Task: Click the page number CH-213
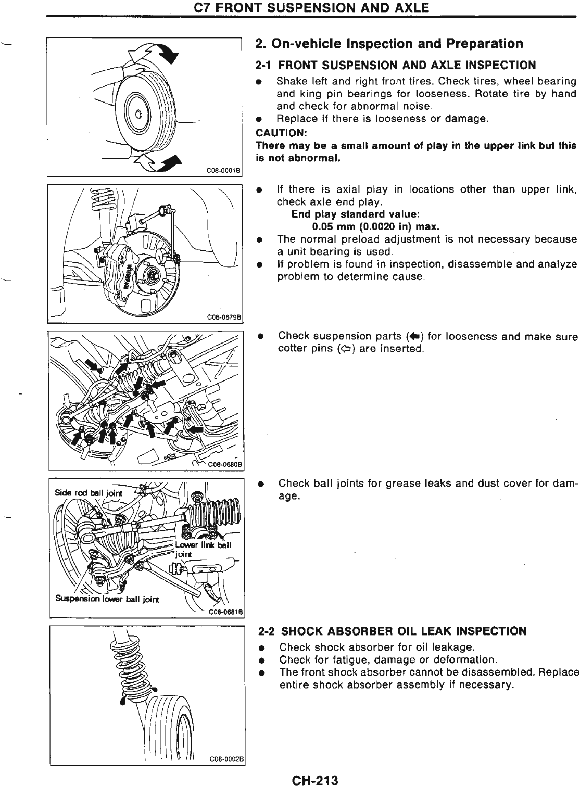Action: click(x=315, y=780)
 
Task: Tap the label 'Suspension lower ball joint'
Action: click(x=108, y=598)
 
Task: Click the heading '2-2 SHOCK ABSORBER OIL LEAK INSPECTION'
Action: click(x=393, y=631)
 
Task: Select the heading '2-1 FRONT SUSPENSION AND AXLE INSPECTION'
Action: click(x=396, y=65)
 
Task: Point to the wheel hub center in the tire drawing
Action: click(x=138, y=115)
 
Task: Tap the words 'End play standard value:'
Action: click(x=356, y=214)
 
